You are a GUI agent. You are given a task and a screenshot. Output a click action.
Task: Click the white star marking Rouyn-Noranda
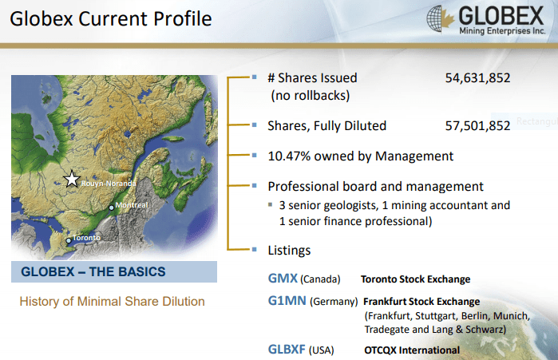point(72,179)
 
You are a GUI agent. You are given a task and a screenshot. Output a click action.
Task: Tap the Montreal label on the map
point(131,205)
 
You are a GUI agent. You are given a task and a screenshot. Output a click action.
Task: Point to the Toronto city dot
point(69,241)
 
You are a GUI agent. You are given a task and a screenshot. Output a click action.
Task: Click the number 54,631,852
point(477,78)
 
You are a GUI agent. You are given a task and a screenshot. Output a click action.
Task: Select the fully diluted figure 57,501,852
point(477,126)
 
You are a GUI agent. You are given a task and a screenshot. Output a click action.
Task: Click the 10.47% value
point(289,156)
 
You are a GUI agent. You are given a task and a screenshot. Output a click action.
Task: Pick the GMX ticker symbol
point(283,278)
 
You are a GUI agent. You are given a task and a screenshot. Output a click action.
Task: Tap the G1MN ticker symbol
point(287,301)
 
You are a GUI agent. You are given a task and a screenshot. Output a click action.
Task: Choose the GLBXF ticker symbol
point(287,350)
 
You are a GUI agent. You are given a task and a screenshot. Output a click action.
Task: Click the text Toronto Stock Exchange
point(415,279)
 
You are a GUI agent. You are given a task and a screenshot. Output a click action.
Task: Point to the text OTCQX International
point(412,350)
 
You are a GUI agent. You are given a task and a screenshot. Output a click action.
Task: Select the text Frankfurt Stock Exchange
point(421,302)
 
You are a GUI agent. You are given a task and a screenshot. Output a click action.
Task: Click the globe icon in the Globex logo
point(434,19)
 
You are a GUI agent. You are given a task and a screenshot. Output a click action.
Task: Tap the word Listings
point(289,251)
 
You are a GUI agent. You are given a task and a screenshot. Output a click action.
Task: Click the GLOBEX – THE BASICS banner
point(114,271)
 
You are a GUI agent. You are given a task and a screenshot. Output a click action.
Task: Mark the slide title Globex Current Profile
point(111,18)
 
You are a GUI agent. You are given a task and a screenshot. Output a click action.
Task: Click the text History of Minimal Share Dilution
point(112,301)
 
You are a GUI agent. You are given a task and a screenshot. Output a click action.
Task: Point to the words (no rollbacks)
point(311,95)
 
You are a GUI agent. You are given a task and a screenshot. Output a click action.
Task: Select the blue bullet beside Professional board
point(254,185)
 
